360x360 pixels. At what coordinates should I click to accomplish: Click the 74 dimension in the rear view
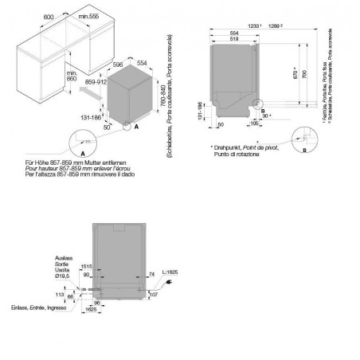pyautogui.click(x=151, y=273)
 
